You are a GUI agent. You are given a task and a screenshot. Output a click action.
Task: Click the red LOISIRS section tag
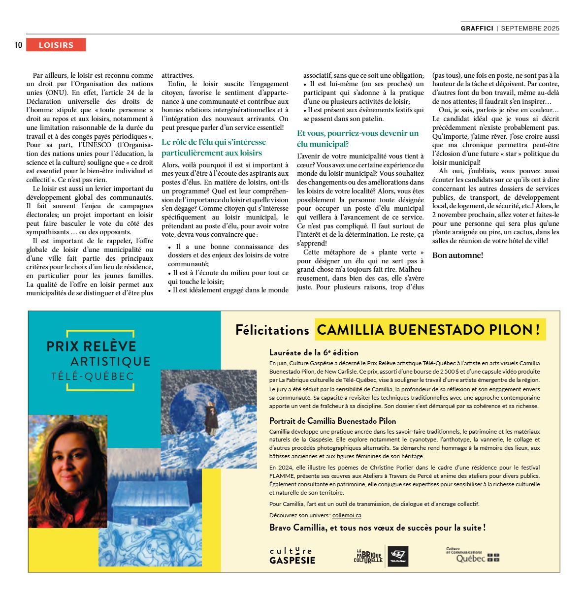coord(56,45)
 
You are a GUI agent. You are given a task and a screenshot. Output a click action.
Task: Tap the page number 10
coord(18,45)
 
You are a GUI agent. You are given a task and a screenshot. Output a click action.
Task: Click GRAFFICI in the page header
coord(477,29)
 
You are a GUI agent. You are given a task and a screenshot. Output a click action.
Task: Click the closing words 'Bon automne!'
coord(457,255)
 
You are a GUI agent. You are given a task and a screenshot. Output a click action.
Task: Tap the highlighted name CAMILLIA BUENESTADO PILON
coord(430,330)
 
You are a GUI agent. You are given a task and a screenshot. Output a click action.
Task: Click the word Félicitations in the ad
coord(272,330)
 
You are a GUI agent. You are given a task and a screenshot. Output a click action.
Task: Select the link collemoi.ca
coord(347,515)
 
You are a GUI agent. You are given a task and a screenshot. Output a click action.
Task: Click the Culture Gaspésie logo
coord(292,556)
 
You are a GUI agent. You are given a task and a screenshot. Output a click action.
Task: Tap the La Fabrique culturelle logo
coord(368,556)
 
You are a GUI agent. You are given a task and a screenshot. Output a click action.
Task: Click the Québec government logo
coord(472,555)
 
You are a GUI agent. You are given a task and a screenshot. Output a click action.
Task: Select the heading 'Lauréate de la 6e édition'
coord(314,352)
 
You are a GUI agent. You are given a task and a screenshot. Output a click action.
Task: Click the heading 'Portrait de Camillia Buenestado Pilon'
coord(332,421)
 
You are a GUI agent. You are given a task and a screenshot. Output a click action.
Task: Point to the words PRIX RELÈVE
coord(92,346)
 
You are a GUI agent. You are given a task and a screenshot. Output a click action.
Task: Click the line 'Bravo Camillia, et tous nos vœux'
coord(377,528)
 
